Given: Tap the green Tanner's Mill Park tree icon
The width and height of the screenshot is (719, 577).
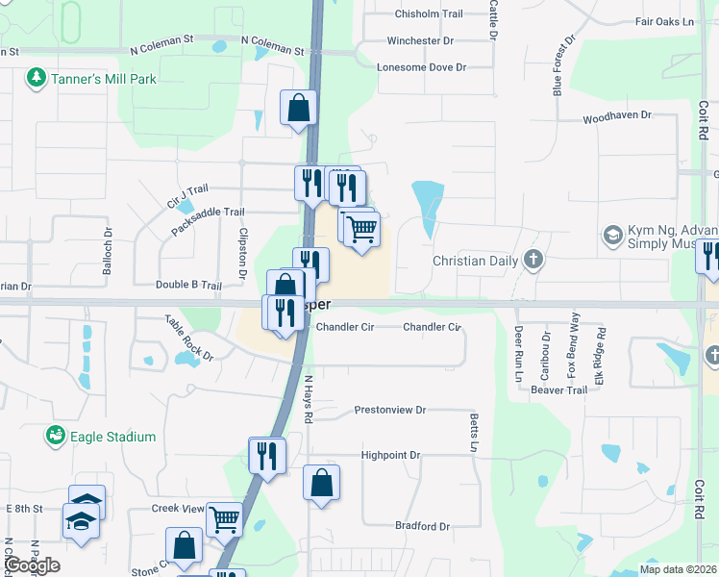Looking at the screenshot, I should point(37,76).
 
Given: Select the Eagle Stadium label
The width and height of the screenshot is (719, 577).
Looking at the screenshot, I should point(113,437).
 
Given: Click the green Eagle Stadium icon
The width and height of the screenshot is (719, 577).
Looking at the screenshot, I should point(57,437).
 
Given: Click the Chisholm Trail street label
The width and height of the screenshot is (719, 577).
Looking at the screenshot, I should point(429,13).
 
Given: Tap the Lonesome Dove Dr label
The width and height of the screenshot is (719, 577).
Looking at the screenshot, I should point(421,67).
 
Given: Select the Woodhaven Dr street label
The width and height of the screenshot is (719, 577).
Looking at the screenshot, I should point(616,115).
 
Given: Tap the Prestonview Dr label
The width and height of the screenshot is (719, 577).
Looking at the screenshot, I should point(389,410).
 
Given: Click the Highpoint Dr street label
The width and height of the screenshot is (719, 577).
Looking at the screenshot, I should point(390,455).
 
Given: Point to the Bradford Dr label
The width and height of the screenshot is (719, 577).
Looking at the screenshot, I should point(422,526).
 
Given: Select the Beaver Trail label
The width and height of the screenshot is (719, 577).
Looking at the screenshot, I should point(558,389).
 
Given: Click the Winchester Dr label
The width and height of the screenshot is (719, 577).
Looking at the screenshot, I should point(420,41).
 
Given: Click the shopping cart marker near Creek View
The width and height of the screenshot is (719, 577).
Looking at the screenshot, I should point(224,518).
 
